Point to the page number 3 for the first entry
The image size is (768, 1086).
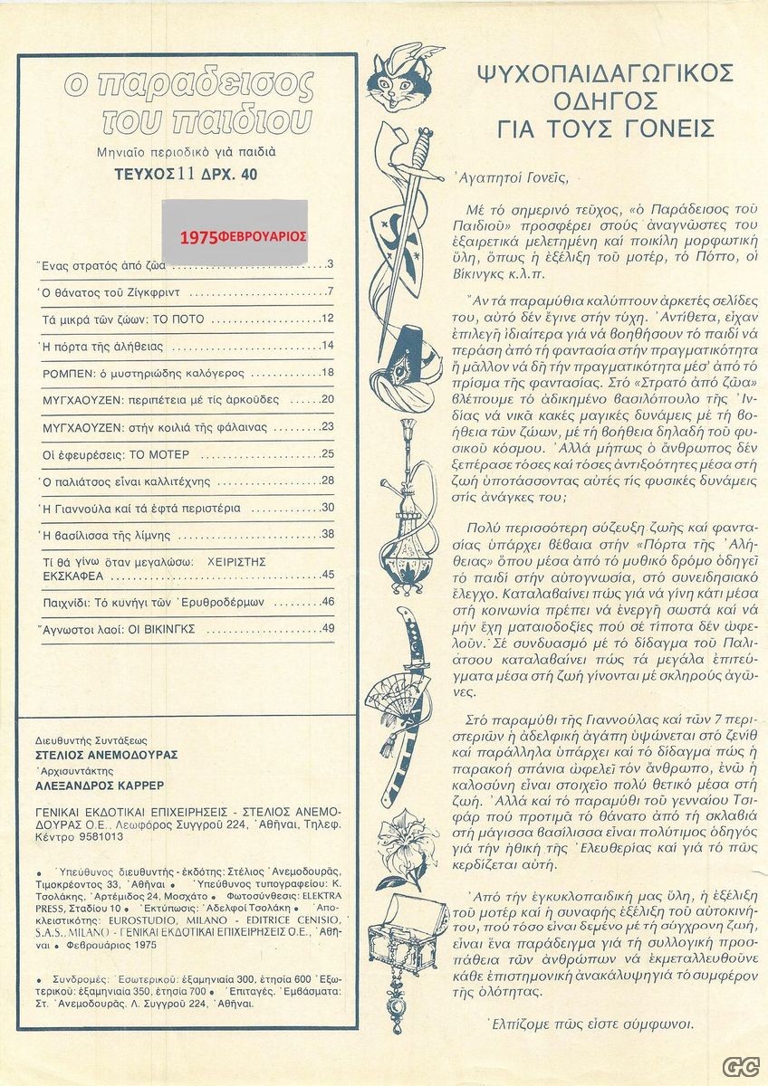(x=331, y=265)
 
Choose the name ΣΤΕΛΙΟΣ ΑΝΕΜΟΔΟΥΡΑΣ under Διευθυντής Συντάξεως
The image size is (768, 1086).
(x=100, y=755)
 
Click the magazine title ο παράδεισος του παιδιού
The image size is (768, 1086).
(x=187, y=102)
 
